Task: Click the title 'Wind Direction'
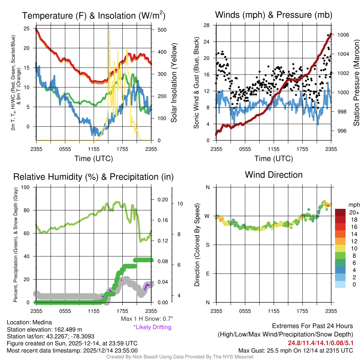274,175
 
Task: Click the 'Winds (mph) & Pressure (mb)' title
274,15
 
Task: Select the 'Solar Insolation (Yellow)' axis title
174,83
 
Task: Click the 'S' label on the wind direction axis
208,245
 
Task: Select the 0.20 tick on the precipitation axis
163,199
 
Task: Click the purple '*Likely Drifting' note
152,327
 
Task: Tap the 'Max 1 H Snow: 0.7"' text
147,319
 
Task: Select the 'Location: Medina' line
29,322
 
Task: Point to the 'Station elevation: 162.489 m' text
44,329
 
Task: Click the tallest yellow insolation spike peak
109,27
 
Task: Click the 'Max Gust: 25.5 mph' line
296,351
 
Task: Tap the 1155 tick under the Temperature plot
94,149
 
